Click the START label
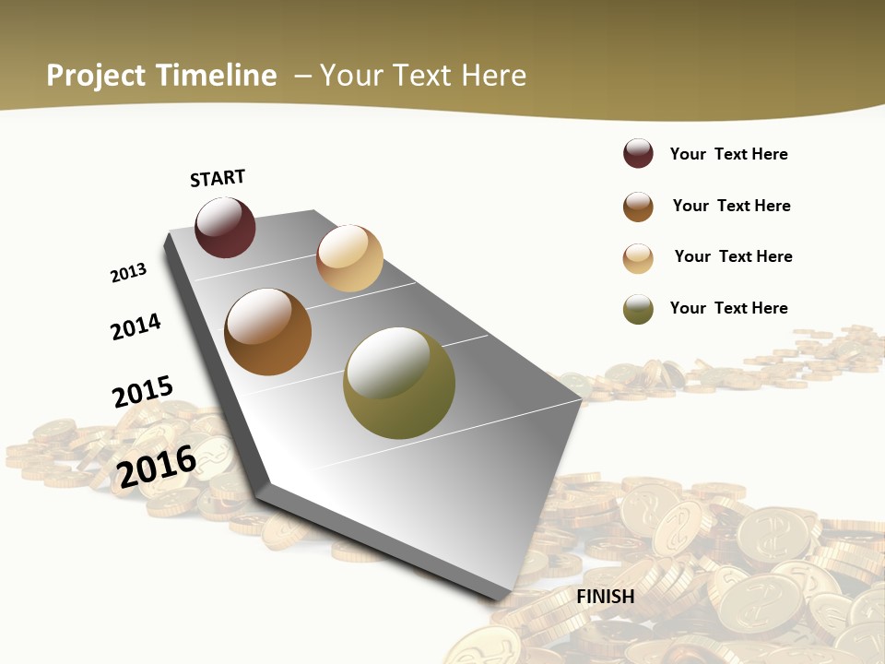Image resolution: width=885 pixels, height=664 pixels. tap(218, 178)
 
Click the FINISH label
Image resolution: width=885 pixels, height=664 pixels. tap(606, 597)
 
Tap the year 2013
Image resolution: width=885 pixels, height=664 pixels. tap(128, 273)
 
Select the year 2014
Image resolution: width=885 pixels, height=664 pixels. tap(136, 326)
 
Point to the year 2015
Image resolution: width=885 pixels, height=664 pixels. tap(143, 392)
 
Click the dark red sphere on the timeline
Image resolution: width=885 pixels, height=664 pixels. tap(225, 227)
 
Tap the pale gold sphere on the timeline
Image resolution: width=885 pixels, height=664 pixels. tap(349, 258)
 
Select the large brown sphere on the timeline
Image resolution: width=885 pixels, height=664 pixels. tap(268, 332)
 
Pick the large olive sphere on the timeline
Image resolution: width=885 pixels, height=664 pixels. tap(399, 383)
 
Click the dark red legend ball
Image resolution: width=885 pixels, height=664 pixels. tap(638, 154)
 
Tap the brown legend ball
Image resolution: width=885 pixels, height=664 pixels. tap(638, 207)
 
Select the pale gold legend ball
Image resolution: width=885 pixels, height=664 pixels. tap(638, 258)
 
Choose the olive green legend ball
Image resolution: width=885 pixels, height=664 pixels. tap(638, 309)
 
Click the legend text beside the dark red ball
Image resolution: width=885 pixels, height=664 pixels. tap(728, 154)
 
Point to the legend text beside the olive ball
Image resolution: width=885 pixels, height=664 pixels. tap(728, 308)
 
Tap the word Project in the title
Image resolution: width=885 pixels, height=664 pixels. tap(97, 76)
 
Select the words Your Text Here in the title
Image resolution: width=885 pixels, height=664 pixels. tap(422, 76)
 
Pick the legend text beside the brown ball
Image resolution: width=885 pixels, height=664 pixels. tap(731, 206)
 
